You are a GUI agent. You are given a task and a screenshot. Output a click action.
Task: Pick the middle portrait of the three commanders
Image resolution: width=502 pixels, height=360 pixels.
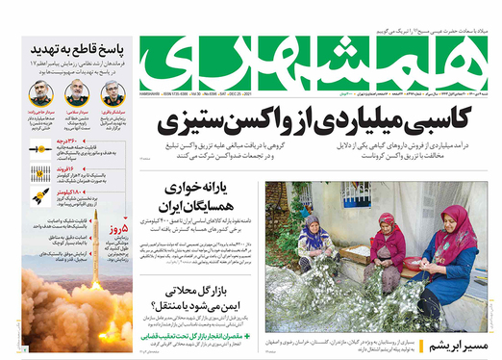[76, 93]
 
